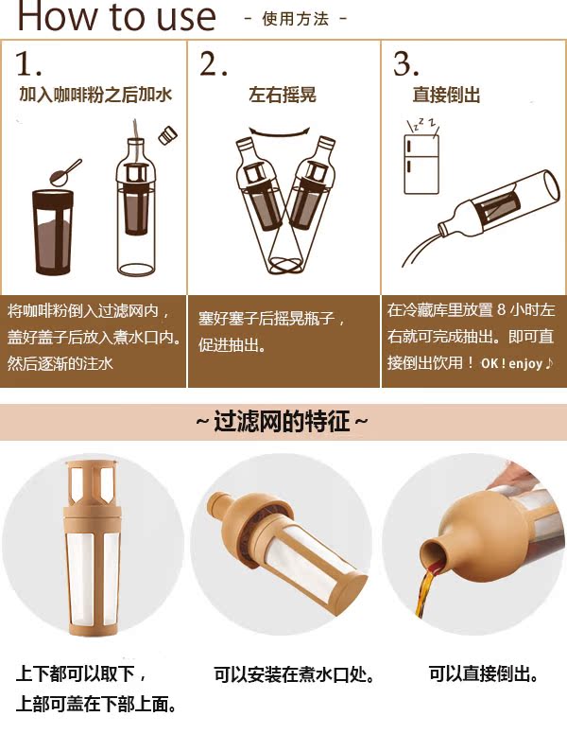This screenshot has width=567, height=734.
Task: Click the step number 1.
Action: point(27,63)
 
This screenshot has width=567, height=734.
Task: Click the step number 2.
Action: point(214,63)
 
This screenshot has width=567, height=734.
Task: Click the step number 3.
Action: point(405,63)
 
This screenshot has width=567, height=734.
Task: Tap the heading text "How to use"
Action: point(116,16)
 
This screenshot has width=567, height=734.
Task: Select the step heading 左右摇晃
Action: point(283,95)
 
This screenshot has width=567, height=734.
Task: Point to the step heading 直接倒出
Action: point(446,95)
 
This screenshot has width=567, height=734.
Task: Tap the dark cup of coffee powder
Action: point(53,232)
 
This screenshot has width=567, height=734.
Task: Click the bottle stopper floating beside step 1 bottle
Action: point(167,135)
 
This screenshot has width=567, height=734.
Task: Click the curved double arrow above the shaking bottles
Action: point(280,132)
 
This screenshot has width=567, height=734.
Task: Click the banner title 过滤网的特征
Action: point(283,421)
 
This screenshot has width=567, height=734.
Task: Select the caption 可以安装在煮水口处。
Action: point(294,674)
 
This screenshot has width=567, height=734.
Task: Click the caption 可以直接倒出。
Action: point(483,673)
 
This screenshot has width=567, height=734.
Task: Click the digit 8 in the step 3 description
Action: point(502,309)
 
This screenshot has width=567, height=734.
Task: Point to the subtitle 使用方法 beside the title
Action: point(296,19)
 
